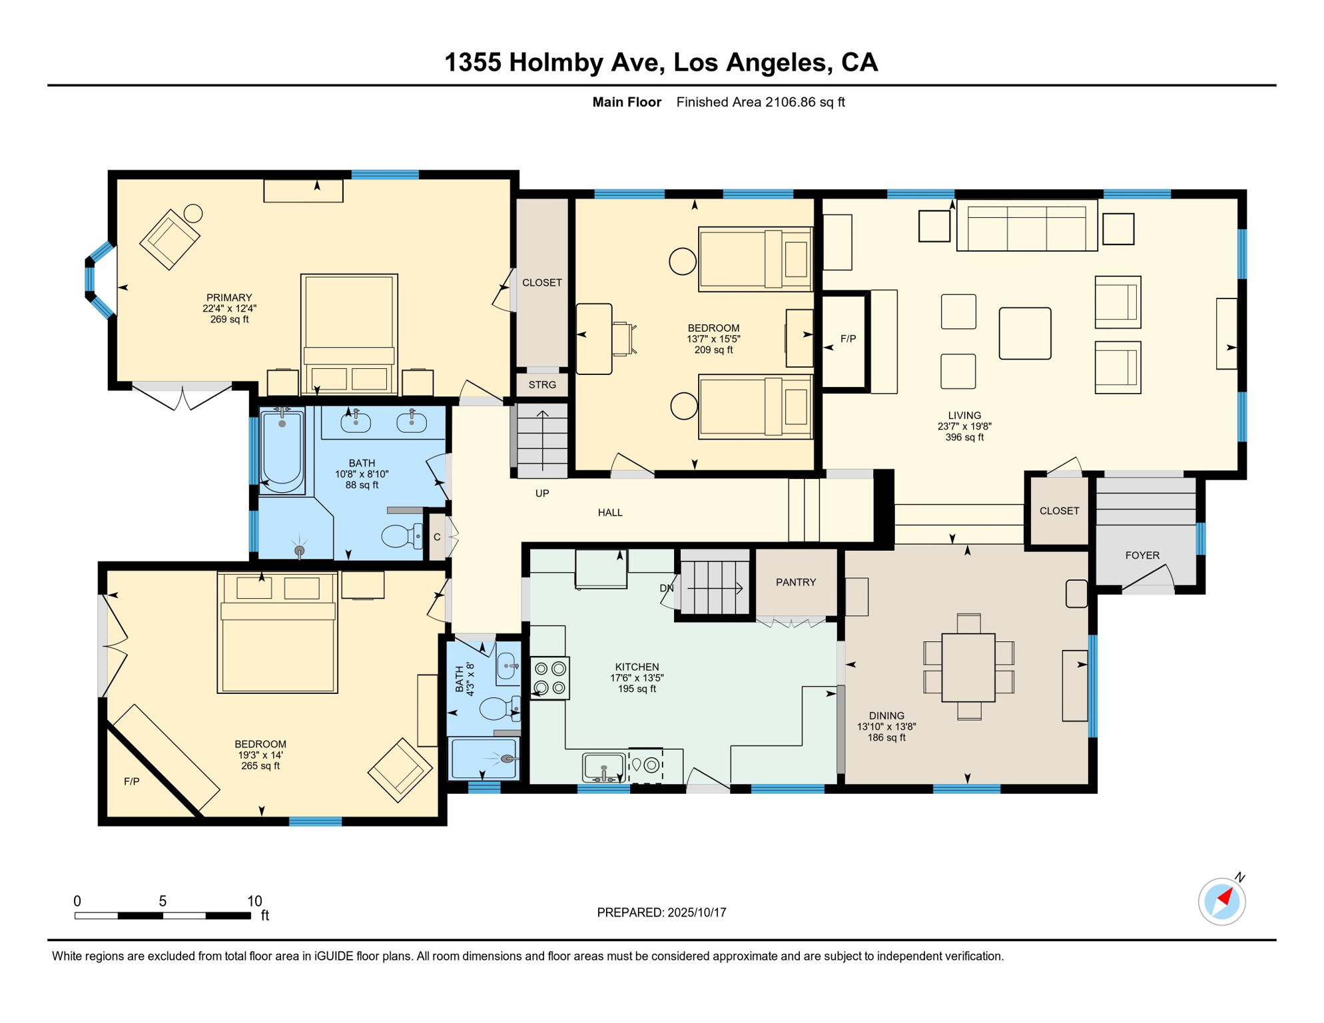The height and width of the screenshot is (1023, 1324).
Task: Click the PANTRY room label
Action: point(796,582)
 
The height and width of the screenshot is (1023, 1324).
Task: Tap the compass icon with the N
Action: point(1222,900)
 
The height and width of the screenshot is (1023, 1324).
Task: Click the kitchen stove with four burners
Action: point(550,678)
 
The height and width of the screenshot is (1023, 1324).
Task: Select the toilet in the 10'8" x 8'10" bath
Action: point(402,535)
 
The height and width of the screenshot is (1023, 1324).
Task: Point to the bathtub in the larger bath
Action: point(282,451)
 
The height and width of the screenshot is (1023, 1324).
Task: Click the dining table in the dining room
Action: point(968,667)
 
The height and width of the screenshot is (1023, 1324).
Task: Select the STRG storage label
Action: point(542,385)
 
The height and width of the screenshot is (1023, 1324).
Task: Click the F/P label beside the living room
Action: point(848,339)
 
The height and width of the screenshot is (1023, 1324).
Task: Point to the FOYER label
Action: point(1142,555)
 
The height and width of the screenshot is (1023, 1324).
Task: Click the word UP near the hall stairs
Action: point(542,494)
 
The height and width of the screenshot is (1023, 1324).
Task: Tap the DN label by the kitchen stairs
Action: point(667,588)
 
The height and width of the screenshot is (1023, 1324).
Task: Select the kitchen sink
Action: point(604,768)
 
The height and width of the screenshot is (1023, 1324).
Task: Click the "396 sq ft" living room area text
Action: point(964,438)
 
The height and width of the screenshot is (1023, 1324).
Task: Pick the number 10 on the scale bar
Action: point(254,901)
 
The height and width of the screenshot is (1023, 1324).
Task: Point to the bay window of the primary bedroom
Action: point(100,280)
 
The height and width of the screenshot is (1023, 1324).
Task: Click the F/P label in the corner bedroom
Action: point(132,781)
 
